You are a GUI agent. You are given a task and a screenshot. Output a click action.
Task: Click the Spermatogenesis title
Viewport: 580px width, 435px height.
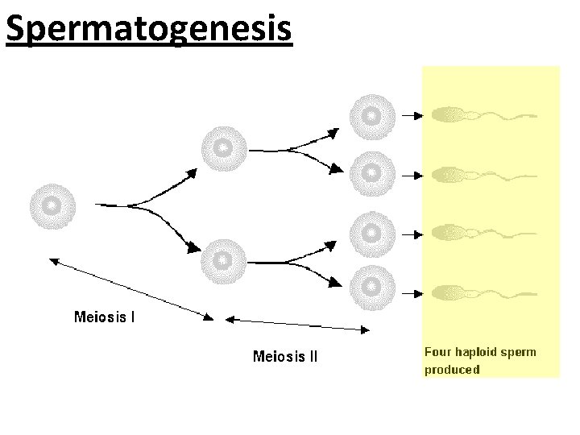coord(148,28)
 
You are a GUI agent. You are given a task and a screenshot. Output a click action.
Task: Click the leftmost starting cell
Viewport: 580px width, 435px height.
coord(52,206)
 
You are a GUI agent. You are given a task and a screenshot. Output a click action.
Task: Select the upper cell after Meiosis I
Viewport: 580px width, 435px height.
coord(224,148)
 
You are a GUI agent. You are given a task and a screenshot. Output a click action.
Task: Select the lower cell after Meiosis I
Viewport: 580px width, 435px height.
coord(224,260)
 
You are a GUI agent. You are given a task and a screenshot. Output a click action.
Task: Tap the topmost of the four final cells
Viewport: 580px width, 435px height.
coord(371,116)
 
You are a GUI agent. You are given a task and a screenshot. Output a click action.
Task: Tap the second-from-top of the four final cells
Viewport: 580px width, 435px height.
coord(371,172)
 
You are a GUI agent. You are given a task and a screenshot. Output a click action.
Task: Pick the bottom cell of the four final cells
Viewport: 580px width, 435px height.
coord(371,285)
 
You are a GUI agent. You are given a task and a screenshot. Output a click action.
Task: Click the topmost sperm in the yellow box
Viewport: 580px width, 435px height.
coord(483,115)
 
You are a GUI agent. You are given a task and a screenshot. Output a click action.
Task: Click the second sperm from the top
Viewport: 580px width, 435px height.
coord(483,174)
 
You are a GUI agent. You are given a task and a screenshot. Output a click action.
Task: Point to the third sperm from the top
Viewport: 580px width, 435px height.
coord(483,233)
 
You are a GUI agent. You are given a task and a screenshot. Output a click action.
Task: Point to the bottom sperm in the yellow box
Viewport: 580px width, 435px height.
coord(483,290)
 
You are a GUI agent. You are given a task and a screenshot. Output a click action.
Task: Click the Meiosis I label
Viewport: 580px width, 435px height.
coord(105,317)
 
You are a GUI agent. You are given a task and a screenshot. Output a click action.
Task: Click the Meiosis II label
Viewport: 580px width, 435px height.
coord(285,355)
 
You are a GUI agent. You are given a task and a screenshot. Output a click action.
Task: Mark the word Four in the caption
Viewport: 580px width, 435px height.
coord(438,352)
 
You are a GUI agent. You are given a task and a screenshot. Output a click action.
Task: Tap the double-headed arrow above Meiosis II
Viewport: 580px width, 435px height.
coord(298,323)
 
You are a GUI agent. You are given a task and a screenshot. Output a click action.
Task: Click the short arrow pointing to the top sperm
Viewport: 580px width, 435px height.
coord(412,116)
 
